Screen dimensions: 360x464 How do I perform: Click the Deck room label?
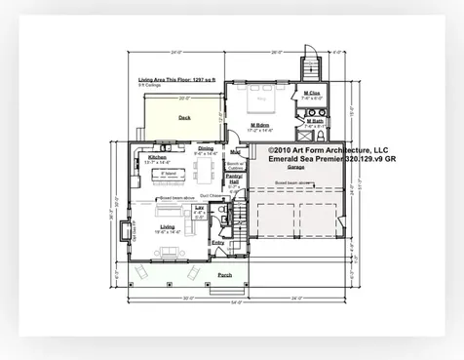tap(184, 117)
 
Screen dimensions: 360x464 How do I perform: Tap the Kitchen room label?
tap(158, 156)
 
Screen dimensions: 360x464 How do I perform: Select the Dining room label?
tap(206, 148)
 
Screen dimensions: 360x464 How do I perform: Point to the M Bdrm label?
tap(261, 125)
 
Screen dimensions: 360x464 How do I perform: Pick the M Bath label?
tap(314, 121)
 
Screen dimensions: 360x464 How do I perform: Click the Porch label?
tap(224, 275)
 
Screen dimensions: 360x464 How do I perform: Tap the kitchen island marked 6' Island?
tap(169, 174)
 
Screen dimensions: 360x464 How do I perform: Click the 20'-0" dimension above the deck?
tap(183, 98)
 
